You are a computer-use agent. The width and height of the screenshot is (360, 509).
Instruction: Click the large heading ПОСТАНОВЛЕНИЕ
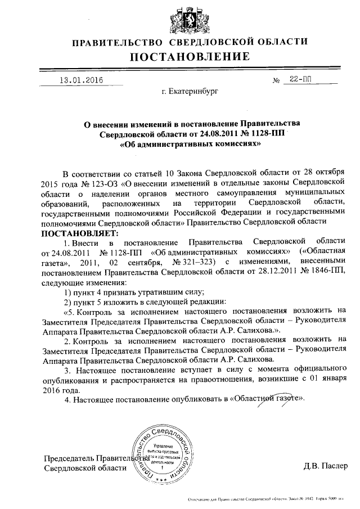click(190, 56)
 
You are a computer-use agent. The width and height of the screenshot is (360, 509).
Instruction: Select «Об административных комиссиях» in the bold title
click(190, 143)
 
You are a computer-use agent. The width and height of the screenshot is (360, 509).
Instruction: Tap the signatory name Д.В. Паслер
click(326, 466)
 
